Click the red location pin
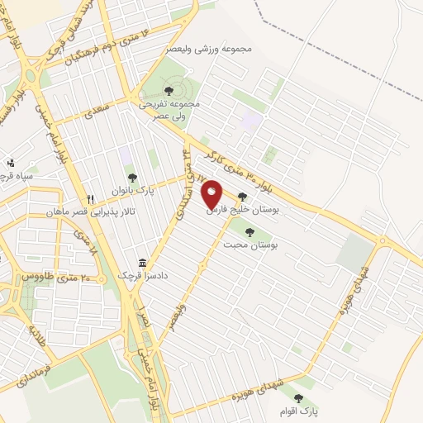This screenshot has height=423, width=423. pos(211,196)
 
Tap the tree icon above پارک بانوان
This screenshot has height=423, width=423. pos(131,176)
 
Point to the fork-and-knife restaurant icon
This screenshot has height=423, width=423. pos(91,199)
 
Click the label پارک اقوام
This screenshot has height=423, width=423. pos(308,411)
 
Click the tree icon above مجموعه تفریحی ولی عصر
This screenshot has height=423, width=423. pos(169,90)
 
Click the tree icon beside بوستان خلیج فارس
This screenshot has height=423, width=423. pos(241,197)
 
